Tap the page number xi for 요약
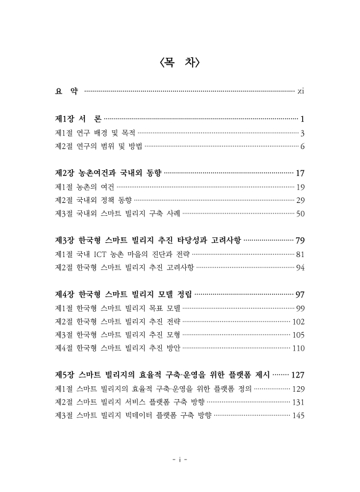(301, 92)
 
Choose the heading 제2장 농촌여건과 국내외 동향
(108, 173)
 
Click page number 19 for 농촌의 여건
(301, 187)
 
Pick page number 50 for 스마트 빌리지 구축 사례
(301, 214)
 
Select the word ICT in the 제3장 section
(113, 254)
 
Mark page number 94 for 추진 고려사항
(301, 268)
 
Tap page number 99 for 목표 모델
(301, 308)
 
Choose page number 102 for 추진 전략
(299, 322)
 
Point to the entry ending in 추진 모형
(118, 335)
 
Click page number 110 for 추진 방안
(299, 349)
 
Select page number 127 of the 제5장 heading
(298, 375)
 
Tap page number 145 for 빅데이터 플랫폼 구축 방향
(299, 416)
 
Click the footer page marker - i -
(180, 459)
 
